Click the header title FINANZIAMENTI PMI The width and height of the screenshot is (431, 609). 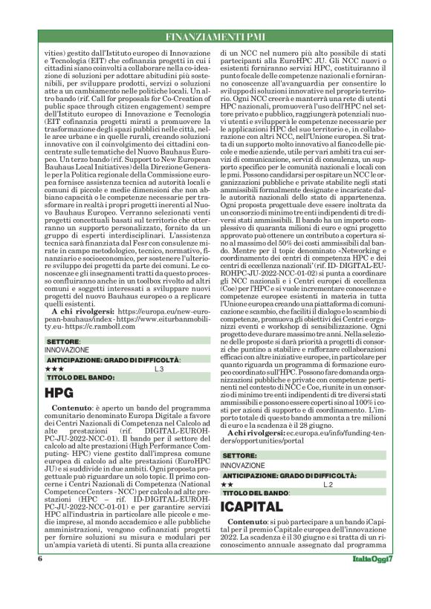tap(215, 36)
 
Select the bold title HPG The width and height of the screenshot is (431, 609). tap(59, 412)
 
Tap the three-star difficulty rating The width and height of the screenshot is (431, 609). tap(54, 389)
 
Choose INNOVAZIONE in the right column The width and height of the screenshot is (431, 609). tap(242, 464)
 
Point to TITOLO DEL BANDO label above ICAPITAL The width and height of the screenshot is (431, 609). tap(254, 493)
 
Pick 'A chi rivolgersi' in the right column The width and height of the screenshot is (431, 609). tap(256, 432)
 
